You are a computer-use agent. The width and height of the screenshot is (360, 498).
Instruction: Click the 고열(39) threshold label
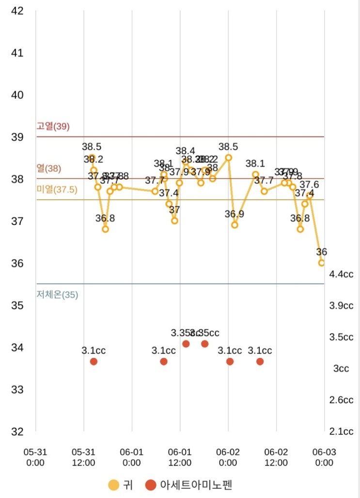point(53,127)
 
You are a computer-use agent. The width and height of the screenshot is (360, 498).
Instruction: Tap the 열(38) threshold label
point(49,169)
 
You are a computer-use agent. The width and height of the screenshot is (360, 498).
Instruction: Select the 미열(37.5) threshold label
point(57,190)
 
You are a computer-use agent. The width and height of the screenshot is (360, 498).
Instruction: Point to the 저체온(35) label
point(57,294)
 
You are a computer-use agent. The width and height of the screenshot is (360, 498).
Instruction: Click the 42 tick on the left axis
point(17,11)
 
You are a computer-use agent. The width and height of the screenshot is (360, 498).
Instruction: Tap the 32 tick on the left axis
point(17,432)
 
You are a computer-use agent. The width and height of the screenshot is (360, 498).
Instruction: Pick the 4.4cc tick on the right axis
point(341,274)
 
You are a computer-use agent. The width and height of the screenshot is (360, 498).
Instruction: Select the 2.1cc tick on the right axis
point(341,432)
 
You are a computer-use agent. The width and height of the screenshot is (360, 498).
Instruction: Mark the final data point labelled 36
point(322,263)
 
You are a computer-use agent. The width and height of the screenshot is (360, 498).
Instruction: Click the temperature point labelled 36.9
point(235,225)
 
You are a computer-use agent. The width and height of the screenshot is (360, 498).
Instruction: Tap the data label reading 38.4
point(186,151)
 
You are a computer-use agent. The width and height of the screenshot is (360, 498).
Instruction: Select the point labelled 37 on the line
point(174,221)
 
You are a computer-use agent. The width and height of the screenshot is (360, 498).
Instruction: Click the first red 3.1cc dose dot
point(94,361)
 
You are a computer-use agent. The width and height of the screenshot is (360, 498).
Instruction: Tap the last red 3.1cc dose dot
point(260,361)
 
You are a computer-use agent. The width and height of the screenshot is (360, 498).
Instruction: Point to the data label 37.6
point(309,184)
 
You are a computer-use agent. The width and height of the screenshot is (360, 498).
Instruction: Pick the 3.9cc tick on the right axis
point(341,305)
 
